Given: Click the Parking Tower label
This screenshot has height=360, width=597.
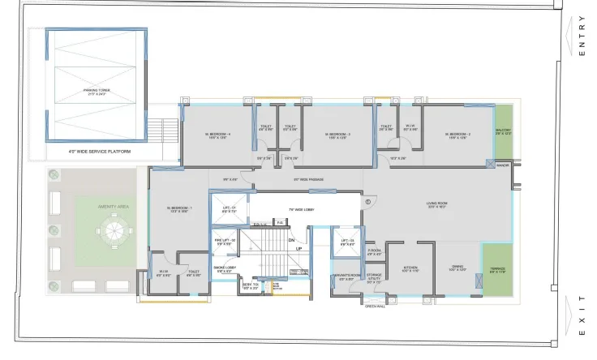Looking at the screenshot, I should pyautogui.click(x=96, y=92).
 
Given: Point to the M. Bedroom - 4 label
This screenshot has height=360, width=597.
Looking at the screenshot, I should pyautogui.click(x=217, y=135).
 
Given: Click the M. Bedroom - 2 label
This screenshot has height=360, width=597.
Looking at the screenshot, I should pyautogui.click(x=458, y=135).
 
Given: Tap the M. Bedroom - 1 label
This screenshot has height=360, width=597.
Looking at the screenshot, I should pyautogui.click(x=179, y=209).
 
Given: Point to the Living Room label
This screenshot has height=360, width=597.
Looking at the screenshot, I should pyautogui.click(x=438, y=204).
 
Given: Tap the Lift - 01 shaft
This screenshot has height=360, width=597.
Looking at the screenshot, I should pyautogui.click(x=229, y=209).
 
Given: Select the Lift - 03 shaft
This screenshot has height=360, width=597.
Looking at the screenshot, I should pyautogui.click(x=346, y=242).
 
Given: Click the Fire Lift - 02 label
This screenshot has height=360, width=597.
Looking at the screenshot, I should pyautogui.click(x=225, y=241).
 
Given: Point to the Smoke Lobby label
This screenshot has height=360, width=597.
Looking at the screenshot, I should pyautogui.click(x=224, y=267).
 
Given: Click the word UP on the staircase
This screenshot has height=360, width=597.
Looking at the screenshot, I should pyautogui.click(x=298, y=248).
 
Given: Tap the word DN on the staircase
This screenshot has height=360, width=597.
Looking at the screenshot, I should pyautogui.click(x=291, y=240).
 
